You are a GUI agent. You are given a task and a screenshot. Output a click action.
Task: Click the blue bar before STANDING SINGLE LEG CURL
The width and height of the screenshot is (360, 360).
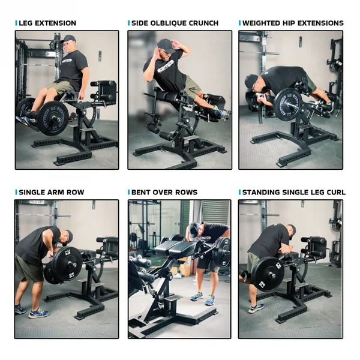(240, 192)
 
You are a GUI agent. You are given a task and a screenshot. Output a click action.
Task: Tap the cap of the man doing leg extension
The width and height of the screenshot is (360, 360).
(67, 38)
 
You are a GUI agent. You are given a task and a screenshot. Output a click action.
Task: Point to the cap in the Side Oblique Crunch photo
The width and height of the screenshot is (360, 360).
(164, 44)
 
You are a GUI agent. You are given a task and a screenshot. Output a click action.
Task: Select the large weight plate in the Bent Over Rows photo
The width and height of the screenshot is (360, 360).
(221, 251)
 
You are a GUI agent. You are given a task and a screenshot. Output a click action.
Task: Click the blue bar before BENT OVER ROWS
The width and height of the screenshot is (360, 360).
(129, 192)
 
